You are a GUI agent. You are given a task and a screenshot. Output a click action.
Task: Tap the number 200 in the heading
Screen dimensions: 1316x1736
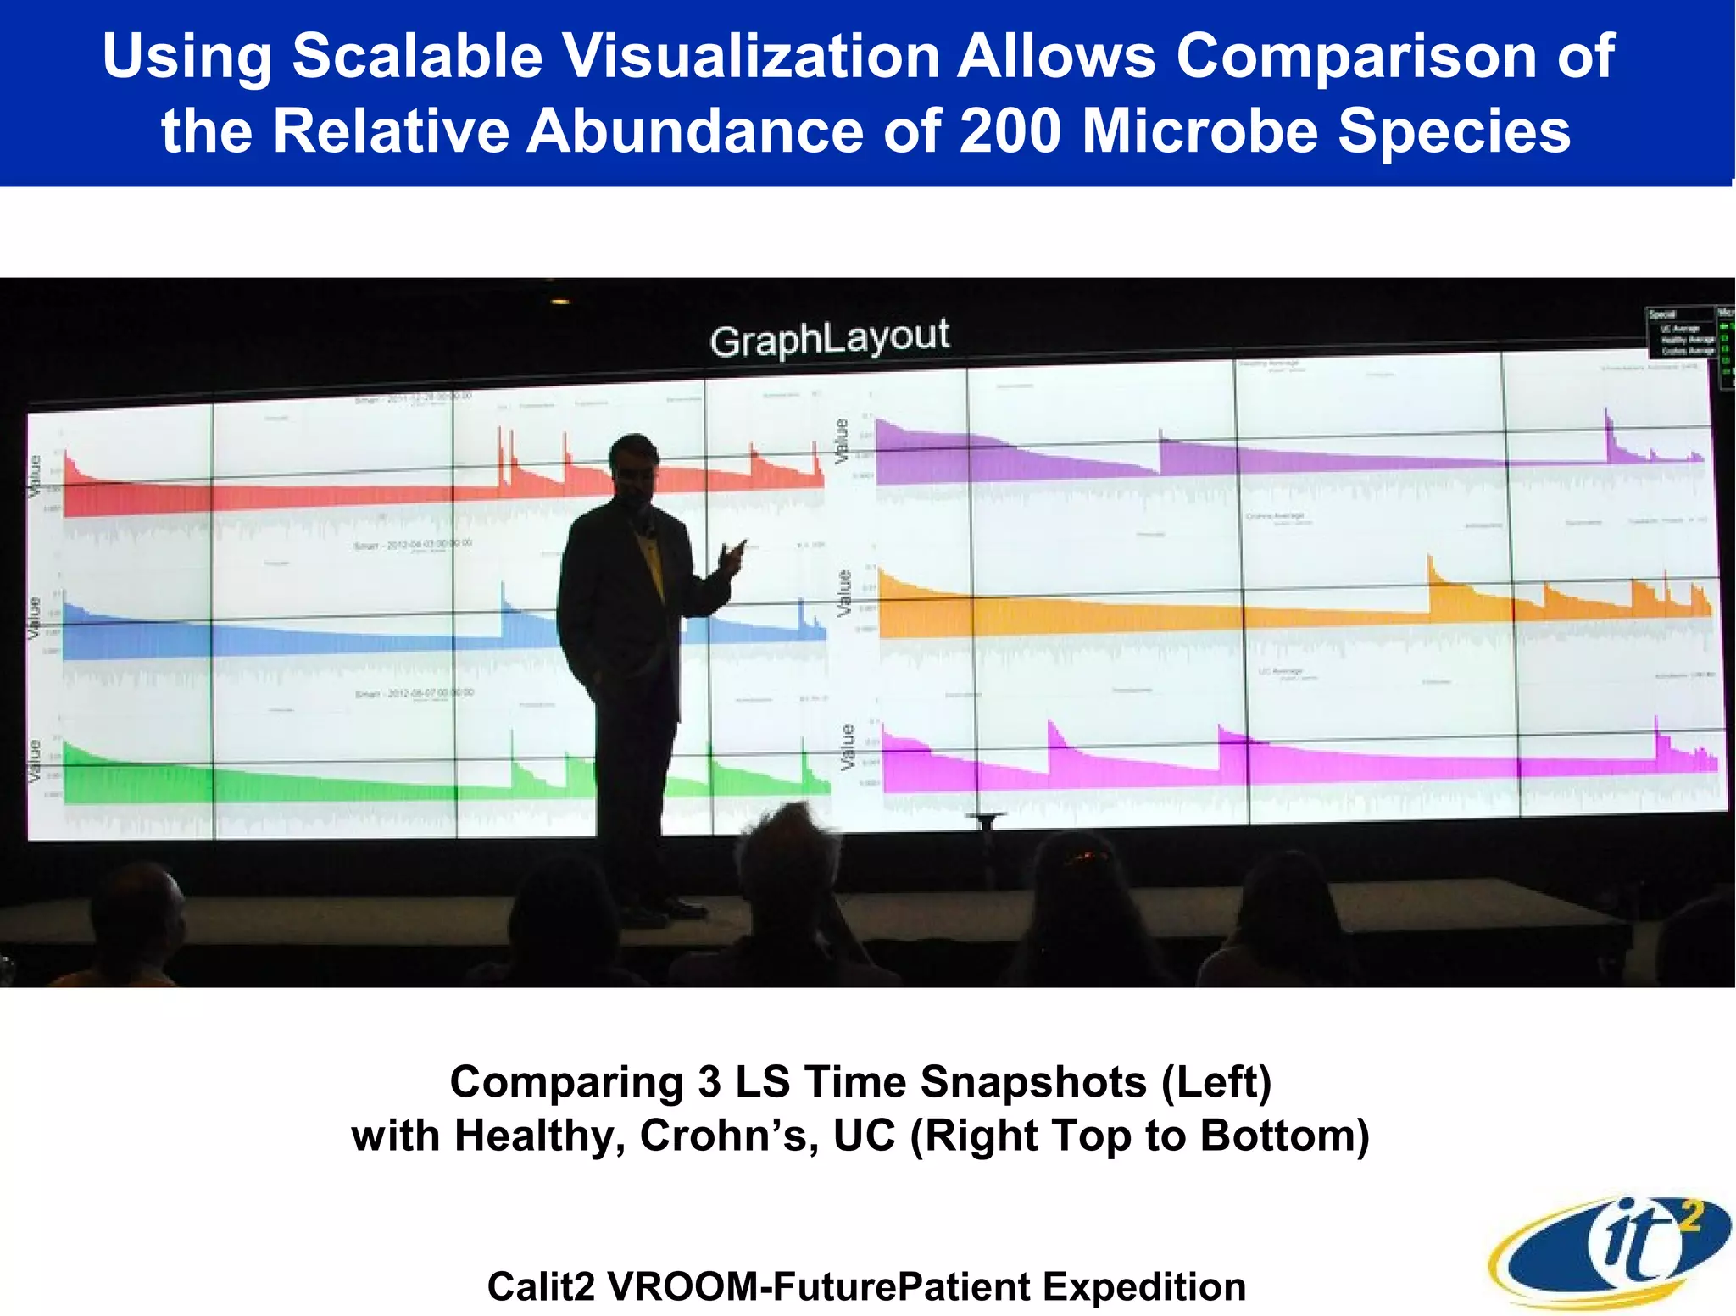coord(1009,131)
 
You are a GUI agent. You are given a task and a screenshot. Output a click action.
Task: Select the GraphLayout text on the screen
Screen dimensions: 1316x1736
coord(829,338)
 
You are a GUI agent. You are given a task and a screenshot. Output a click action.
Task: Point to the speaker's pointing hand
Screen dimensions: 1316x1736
coord(731,556)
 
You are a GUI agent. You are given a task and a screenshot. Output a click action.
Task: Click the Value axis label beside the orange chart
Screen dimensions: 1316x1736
coord(843,592)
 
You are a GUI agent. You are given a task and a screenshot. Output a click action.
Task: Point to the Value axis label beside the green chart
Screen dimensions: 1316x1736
coord(34,760)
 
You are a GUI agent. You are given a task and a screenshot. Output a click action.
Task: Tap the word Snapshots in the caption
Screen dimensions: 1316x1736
coord(1032,1082)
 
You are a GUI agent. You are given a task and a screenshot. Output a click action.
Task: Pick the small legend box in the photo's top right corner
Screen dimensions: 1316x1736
coord(1683,332)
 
